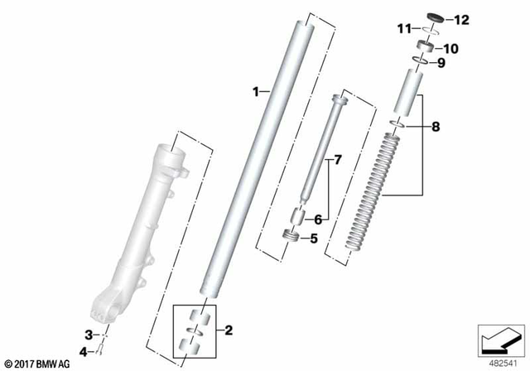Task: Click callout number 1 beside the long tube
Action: click(256, 90)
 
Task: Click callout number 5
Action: click(314, 239)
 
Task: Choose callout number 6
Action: click(316, 219)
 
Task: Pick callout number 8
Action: click(436, 127)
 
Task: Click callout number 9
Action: click(441, 63)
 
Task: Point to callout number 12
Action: click(461, 19)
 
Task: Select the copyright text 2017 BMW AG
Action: click(38, 363)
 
